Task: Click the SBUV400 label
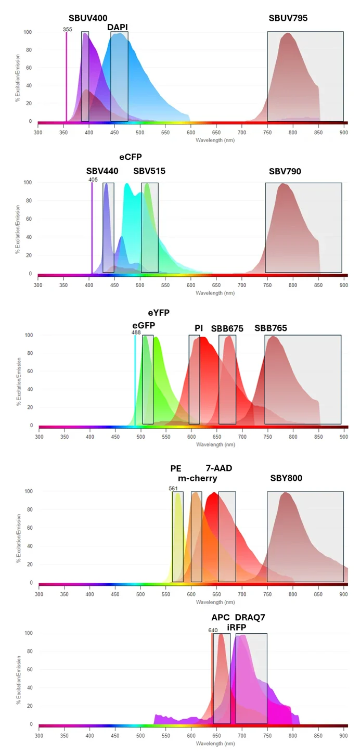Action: click(88, 18)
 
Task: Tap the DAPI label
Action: click(118, 27)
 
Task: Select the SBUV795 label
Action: click(288, 18)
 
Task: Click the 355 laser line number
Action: click(68, 30)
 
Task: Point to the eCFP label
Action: click(130, 157)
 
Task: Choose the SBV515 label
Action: click(149, 171)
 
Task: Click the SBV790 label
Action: click(285, 171)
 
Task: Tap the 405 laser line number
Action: click(93, 180)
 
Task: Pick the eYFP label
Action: click(159, 313)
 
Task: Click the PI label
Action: click(199, 328)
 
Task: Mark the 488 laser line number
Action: click(136, 333)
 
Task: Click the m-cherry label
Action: click(197, 478)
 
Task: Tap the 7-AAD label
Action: click(218, 468)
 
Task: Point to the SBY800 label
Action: click(286, 478)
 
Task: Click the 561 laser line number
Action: click(174, 489)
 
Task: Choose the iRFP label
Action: click(237, 628)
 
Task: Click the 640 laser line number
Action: click(213, 630)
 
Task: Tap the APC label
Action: click(221, 618)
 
